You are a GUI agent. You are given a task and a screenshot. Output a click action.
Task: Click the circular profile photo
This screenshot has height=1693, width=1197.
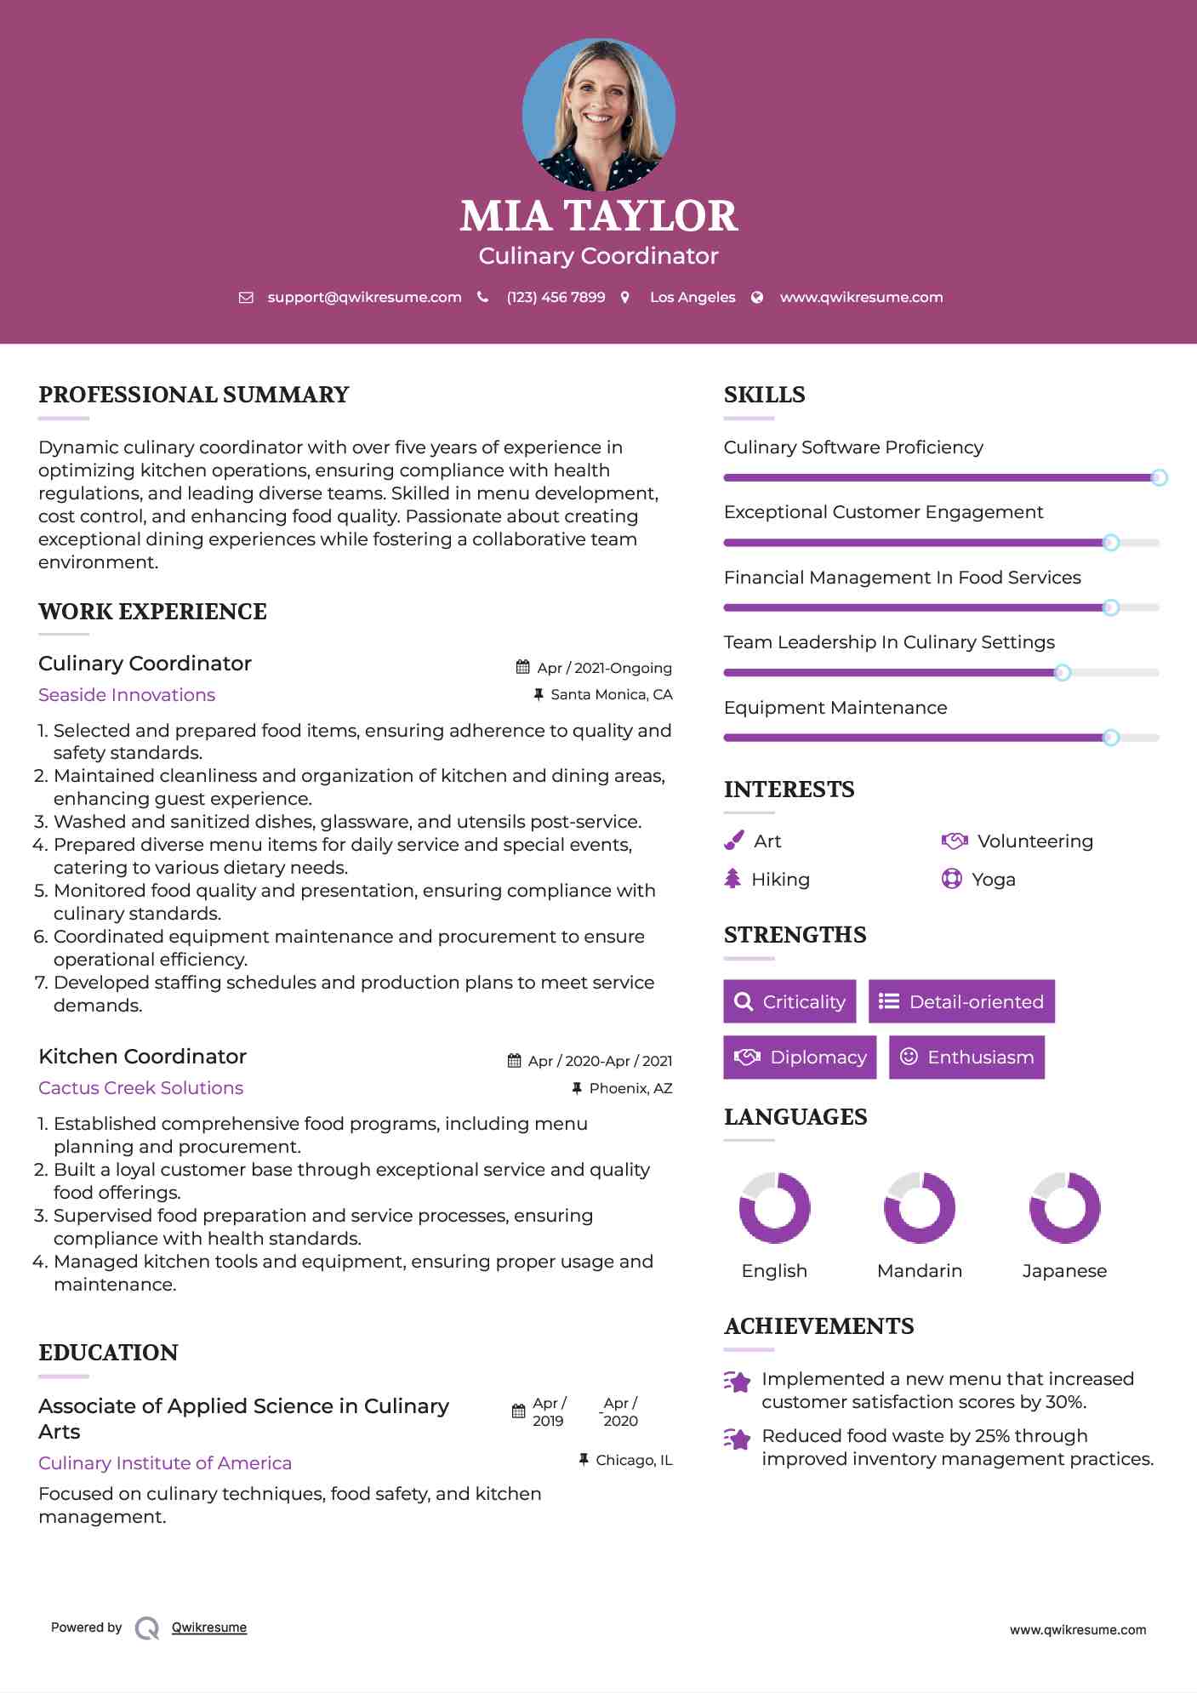(x=598, y=114)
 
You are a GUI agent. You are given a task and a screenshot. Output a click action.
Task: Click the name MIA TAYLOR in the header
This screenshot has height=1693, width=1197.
(x=598, y=216)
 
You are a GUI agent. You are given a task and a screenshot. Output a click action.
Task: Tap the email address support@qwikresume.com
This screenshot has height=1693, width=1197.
(x=364, y=297)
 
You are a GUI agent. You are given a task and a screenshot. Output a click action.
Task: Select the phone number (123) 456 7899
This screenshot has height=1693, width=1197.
(x=556, y=297)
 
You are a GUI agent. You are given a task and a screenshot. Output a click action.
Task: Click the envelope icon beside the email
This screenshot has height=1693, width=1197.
(x=246, y=298)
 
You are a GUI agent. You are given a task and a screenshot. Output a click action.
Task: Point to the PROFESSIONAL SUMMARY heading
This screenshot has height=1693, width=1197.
(x=194, y=395)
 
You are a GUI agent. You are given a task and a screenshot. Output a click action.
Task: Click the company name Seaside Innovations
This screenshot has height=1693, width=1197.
(x=127, y=695)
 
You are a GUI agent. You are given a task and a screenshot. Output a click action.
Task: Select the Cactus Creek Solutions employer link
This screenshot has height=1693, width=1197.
(x=140, y=1088)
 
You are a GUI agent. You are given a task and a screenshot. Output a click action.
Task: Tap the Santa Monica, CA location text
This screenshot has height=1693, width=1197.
(x=611, y=695)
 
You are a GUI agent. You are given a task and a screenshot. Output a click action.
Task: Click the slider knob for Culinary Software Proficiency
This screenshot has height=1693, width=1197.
(x=1159, y=478)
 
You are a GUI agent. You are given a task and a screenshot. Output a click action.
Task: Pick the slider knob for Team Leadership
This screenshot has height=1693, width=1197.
(x=1062, y=673)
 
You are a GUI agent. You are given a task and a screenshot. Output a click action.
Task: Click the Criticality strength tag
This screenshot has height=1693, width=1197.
(x=789, y=1001)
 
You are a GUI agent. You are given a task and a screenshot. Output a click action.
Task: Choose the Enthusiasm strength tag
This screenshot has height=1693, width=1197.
(x=966, y=1057)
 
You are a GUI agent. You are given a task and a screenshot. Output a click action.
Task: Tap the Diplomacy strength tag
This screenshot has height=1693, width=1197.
(x=800, y=1057)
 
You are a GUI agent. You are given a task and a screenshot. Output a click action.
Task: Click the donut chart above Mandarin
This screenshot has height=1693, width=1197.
(x=920, y=1208)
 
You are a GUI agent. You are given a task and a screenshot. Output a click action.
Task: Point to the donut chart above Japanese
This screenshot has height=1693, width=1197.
(x=1064, y=1208)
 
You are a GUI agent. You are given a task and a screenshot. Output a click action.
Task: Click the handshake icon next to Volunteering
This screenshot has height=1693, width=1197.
(x=955, y=841)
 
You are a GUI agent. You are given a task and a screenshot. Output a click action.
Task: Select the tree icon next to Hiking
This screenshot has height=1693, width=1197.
(x=732, y=879)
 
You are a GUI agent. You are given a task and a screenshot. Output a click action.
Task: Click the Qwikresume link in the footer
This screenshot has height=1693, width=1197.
(x=209, y=1627)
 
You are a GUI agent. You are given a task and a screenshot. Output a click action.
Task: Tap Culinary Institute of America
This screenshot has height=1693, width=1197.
(x=165, y=1463)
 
